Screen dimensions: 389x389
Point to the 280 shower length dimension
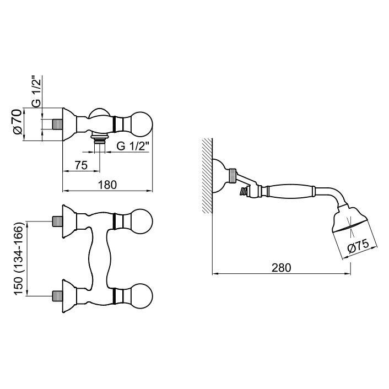click(x=280, y=268)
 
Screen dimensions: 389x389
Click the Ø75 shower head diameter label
click(x=358, y=248)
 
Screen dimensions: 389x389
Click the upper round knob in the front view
click(x=140, y=221)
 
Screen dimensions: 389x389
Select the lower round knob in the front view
click(x=140, y=296)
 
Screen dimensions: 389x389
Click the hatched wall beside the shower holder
click(x=206, y=176)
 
